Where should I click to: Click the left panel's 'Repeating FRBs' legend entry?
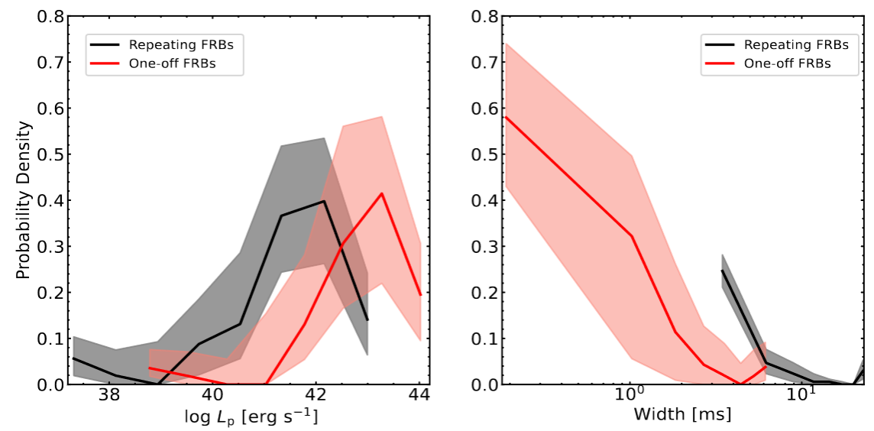click(180, 45)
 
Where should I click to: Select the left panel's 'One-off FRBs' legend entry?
click(172, 63)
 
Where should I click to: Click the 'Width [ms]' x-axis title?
click(682, 415)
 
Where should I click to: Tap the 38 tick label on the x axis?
click(109, 397)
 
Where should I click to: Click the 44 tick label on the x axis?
click(419, 397)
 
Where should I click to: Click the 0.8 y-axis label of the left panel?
click(50, 16)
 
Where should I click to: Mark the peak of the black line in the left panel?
click(324, 201)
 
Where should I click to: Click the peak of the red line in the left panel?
click(381, 193)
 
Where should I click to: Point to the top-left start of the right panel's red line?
click(506, 117)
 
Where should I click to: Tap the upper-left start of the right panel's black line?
click(722, 271)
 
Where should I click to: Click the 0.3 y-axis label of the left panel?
click(50, 246)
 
